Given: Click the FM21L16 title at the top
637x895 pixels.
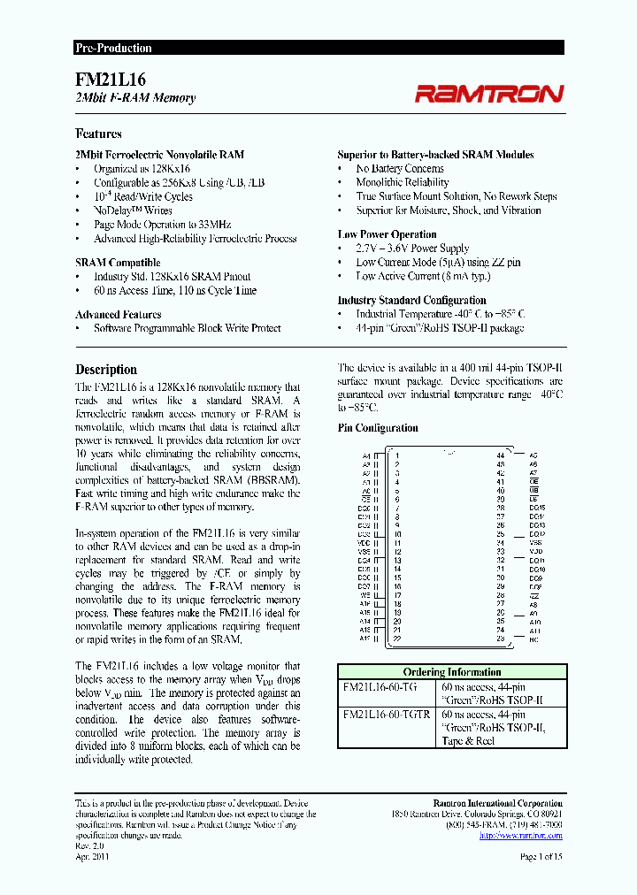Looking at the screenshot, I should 104,79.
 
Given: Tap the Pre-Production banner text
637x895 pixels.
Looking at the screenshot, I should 113,49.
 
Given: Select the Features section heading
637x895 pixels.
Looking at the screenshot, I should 98,134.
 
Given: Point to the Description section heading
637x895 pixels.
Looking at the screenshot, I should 106,370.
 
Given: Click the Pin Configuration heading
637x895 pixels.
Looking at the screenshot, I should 378,428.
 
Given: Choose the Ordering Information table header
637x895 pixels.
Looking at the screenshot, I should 451,672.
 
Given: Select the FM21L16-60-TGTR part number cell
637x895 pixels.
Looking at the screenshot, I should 387,715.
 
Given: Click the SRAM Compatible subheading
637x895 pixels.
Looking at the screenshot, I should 118,263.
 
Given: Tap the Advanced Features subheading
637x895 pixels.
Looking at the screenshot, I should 118,314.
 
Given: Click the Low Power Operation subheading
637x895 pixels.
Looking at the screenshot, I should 387,234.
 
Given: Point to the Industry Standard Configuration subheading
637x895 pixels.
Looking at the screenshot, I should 411,300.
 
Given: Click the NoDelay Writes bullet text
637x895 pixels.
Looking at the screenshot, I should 133,210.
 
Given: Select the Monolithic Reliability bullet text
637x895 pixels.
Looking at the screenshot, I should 403,182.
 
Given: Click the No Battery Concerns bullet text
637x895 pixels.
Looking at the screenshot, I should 400,168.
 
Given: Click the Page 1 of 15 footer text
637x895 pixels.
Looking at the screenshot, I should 541,856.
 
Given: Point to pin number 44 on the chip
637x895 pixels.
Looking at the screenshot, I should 501,455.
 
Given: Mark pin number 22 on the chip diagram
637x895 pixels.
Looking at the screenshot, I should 397,639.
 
